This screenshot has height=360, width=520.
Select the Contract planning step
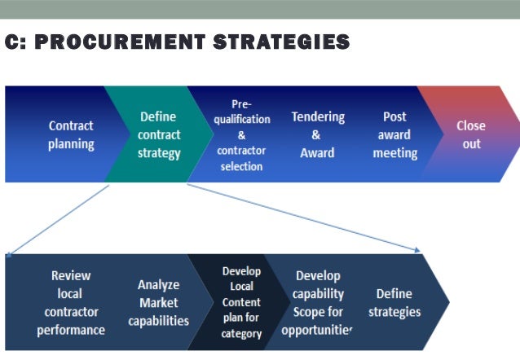(x=71, y=135)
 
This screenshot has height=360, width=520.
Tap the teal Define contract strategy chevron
(x=159, y=134)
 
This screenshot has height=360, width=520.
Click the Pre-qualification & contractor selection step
(x=240, y=135)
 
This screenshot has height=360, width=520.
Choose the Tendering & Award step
(x=317, y=134)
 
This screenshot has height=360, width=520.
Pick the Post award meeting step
(x=394, y=134)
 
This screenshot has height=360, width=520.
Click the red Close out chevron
(x=470, y=134)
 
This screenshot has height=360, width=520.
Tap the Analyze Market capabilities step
(x=158, y=303)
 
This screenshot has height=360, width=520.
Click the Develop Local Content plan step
(x=241, y=302)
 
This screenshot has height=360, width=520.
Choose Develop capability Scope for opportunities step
(x=317, y=303)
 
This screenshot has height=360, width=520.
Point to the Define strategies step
(x=394, y=303)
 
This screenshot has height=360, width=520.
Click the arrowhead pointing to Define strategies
(x=417, y=249)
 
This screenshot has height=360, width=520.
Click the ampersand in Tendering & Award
(x=316, y=135)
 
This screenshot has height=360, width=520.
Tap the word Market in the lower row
(x=158, y=303)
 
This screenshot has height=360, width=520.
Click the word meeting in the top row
(x=394, y=153)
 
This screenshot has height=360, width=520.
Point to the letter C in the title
(x=12, y=42)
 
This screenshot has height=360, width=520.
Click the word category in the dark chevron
(x=241, y=333)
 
